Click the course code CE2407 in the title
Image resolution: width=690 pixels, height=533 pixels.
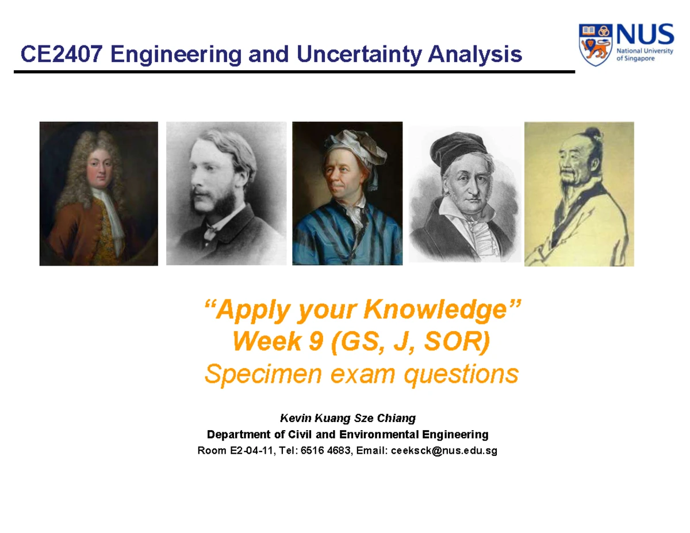click(x=62, y=54)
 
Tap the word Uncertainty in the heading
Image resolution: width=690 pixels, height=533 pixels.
click(x=359, y=55)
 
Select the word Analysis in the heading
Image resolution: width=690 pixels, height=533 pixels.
click(x=475, y=55)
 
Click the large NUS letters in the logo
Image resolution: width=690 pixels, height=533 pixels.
click(x=645, y=34)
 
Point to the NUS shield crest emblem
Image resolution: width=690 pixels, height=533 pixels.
click(x=596, y=45)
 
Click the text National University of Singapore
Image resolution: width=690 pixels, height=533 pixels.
click(x=645, y=55)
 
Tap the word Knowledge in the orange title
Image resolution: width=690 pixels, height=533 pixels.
click(x=435, y=309)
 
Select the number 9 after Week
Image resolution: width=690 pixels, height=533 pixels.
click(x=316, y=342)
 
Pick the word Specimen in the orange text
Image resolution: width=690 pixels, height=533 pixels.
click(x=263, y=374)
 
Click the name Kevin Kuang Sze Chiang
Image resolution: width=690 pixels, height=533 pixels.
click(x=348, y=418)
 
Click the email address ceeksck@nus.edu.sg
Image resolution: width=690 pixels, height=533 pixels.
click(x=444, y=451)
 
